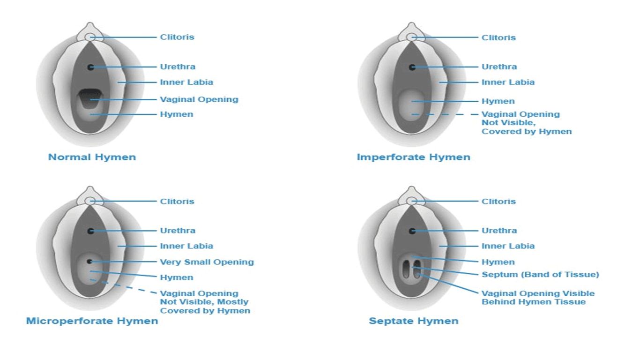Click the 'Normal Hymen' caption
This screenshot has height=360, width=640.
pyautogui.click(x=92, y=157)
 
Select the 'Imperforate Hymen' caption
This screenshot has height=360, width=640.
pyautogui.click(x=413, y=157)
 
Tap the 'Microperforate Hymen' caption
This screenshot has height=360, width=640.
pyautogui.click(x=92, y=321)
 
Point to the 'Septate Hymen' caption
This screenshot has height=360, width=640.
pyautogui.click(x=413, y=321)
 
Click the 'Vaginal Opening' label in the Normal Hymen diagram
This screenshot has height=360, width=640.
pyautogui.click(x=199, y=99)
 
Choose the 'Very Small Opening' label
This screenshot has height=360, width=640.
pyautogui.click(x=207, y=262)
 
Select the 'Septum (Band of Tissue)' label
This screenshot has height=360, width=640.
pyautogui.click(x=540, y=274)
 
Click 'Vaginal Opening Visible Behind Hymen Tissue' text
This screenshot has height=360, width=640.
pyautogui.click(x=538, y=298)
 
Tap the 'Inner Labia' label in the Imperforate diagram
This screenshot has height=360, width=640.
pyautogui.click(x=508, y=82)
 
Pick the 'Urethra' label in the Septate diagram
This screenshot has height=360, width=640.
pyautogui.click(x=499, y=231)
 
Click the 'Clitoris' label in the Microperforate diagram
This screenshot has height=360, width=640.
pyautogui.click(x=177, y=202)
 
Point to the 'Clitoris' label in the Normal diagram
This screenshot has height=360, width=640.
pyautogui.click(x=177, y=37)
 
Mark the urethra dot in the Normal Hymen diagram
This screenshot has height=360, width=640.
pyautogui.click(x=90, y=67)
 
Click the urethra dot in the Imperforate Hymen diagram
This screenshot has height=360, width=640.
pyautogui.click(x=412, y=67)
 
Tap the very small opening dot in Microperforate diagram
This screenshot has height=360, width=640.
pyautogui.click(x=89, y=261)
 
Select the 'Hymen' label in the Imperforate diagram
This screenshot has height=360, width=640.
pyautogui.click(x=498, y=101)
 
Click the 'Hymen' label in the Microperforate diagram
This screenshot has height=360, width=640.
pyautogui.click(x=177, y=277)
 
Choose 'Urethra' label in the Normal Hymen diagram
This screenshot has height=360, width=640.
pyautogui.click(x=178, y=67)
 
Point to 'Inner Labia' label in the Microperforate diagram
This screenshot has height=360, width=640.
pyautogui.click(x=186, y=246)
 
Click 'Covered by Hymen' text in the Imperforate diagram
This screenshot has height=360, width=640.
pyautogui.click(x=527, y=132)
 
